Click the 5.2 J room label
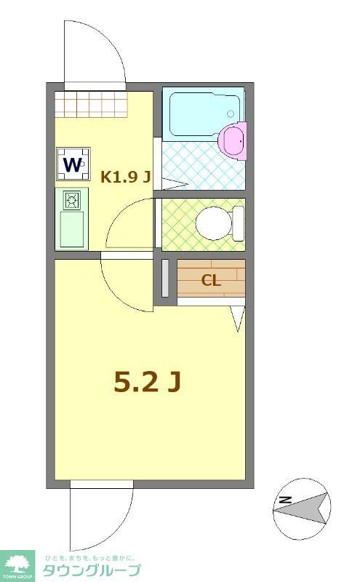point(146,381)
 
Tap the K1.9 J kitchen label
point(125,176)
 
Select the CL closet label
point(211,281)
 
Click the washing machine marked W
point(73,164)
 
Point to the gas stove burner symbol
point(72,199)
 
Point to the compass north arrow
point(309,507)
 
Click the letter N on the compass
point(285,499)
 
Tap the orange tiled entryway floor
point(92,104)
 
